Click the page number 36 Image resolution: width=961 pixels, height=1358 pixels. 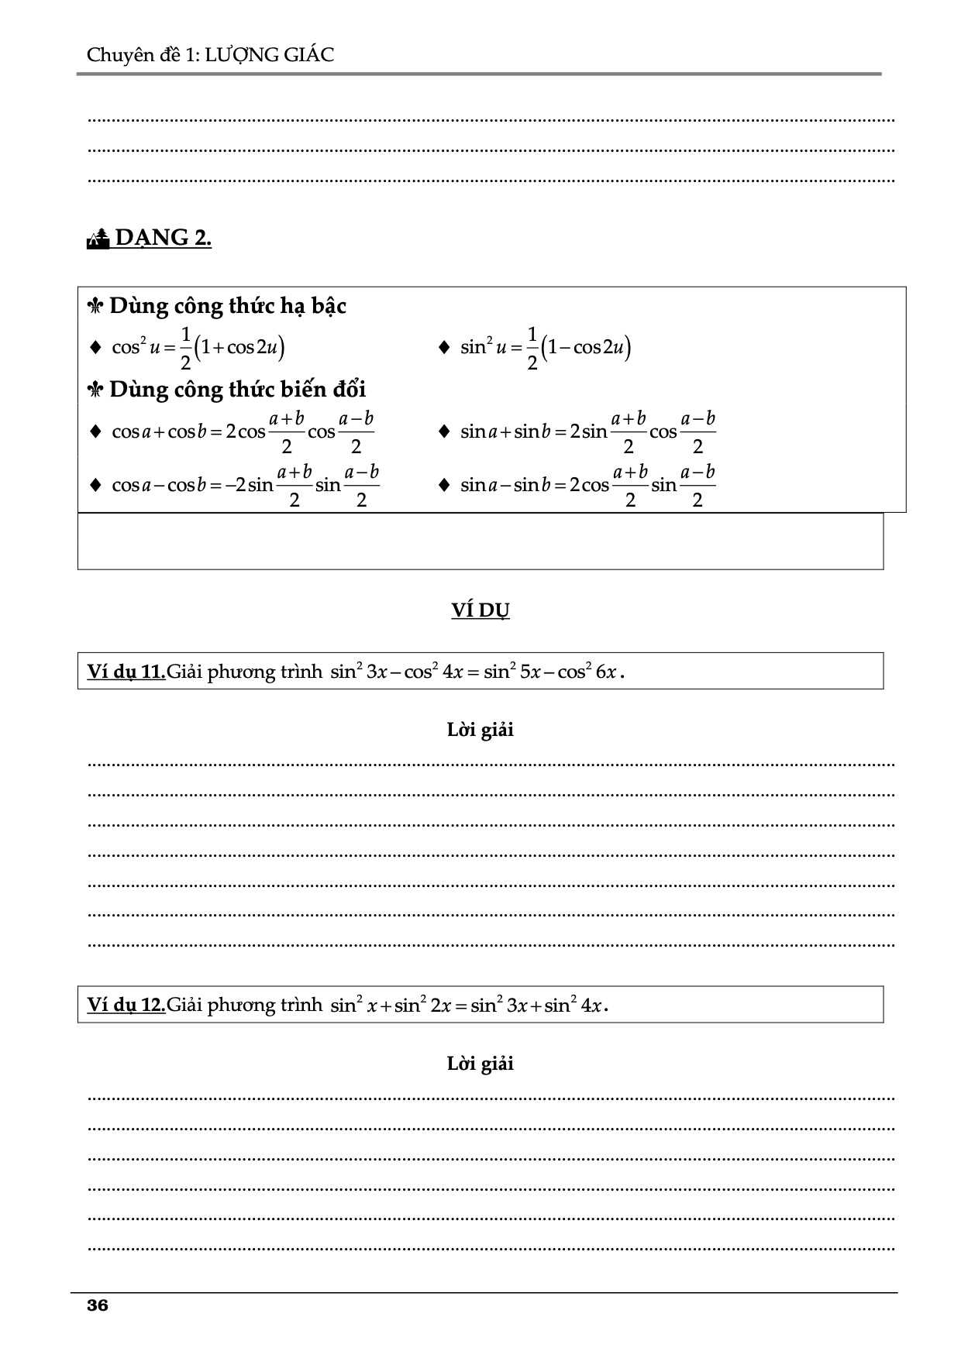pyautogui.click(x=98, y=1305)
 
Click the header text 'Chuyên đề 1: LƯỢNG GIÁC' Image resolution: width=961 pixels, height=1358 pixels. pyautogui.click(x=210, y=55)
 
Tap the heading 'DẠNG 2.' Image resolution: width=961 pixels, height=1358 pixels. pyautogui.click(x=163, y=237)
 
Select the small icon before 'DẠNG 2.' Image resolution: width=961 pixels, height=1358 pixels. pyautogui.click(x=98, y=239)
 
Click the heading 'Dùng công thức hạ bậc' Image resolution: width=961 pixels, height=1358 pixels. pyautogui.click(x=227, y=306)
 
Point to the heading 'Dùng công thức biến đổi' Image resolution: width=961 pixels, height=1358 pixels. pyautogui.click(x=237, y=389)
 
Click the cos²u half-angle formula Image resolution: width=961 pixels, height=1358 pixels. pyautogui.click(x=198, y=347)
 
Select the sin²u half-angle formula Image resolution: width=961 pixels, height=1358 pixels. pyautogui.click(x=546, y=347)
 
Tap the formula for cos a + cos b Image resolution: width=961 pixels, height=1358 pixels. pyautogui.click(x=243, y=431)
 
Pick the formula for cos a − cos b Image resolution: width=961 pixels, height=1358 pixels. pyautogui.click(x=246, y=485)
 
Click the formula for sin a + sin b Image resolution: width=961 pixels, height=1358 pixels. pyautogui.click(x=587, y=431)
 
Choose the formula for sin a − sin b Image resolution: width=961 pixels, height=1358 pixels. pyautogui.click(x=587, y=485)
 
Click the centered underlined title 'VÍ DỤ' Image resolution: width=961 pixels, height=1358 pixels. pyautogui.click(x=480, y=610)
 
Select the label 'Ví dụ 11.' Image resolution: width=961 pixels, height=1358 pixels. pyautogui.click(x=126, y=672)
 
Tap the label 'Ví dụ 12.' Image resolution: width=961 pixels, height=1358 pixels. pyautogui.click(x=126, y=1005)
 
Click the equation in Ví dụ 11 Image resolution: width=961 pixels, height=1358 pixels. pyautogui.click(x=477, y=671)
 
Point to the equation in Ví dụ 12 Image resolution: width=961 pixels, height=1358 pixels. pyautogui.click(x=469, y=1005)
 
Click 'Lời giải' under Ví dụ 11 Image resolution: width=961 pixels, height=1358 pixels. pyautogui.click(x=480, y=730)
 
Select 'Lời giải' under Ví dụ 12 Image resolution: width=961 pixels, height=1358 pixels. pyautogui.click(x=480, y=1064)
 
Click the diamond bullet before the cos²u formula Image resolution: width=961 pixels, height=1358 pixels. pyautogui.click(x=96, y=347)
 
